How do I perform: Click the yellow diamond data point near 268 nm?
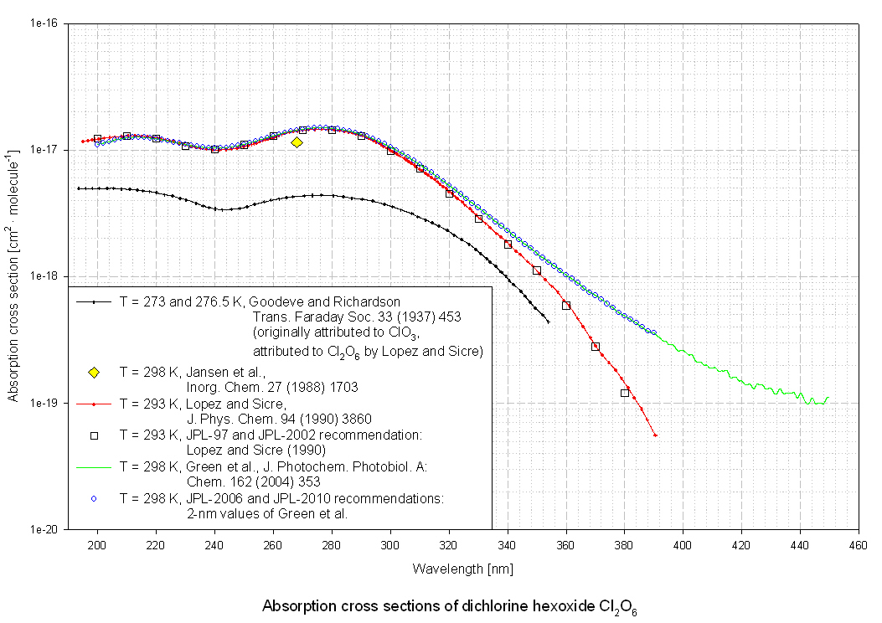click(x=297, y=142)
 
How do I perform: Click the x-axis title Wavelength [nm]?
click(x=462, y=569)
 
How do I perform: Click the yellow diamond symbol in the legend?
click(x=94, y=372)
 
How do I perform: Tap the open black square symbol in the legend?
click(x=94, y=435)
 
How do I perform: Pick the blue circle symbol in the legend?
click(x=94, y=499)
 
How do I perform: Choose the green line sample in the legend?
click(x=94, y=467)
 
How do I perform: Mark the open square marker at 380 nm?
click(x=625, y=393)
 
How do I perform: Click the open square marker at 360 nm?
click(x=566, y=306)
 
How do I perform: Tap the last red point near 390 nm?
click(x=655, y=435)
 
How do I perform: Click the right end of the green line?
click(x=828, y=398)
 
